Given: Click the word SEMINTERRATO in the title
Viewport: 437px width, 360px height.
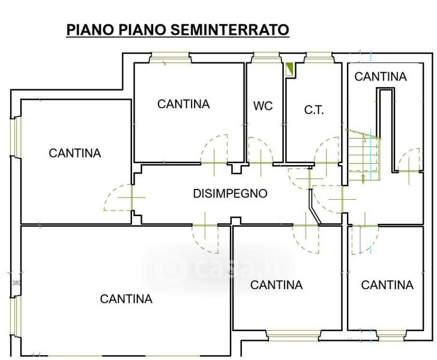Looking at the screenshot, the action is coord(230,29).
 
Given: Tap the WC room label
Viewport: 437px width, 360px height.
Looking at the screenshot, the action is coord(263,106).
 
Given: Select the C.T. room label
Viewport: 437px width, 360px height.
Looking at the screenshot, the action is coord(314,110).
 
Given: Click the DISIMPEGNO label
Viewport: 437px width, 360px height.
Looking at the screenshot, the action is coord(231,193).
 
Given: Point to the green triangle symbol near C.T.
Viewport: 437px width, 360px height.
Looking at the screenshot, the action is coord(289,70).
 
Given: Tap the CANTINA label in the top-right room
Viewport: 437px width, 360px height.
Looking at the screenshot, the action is coord(381,77).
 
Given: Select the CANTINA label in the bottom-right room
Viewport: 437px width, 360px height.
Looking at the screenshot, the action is coord(387,285).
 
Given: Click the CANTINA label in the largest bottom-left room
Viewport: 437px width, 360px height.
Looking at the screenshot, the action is coord(126,299).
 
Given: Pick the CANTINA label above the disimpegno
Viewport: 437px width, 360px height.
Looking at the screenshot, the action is coord(184,104).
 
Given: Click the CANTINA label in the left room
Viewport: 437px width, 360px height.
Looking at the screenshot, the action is coord(74,153).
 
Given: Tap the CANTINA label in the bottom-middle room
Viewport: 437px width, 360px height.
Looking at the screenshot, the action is coord(277,285).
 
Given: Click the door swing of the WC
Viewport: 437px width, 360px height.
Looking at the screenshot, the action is coord(260,151).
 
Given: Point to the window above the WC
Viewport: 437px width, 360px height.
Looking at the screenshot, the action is coord(266,58).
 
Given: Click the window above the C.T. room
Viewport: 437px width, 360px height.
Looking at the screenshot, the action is coord(319,58).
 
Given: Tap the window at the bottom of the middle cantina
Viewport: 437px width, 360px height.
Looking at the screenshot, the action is coord(292,335).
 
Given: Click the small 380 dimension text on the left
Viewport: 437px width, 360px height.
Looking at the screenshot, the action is coord(16,283).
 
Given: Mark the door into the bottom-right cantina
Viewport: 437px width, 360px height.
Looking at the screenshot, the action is coord(365,239).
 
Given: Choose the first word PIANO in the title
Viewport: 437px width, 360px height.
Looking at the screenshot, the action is coord(90,29).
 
